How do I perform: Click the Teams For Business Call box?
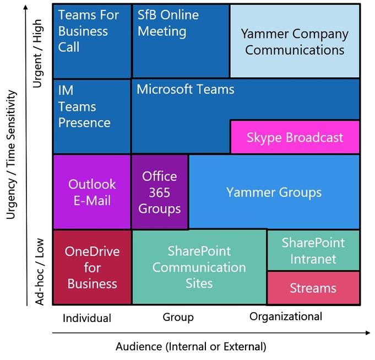click(x=91, y=40)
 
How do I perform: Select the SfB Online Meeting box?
click(x=180, y=40)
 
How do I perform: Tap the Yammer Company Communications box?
click(x=295, y=41)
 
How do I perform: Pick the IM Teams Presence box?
click(x=91, y=116)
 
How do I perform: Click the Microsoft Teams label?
click(x=186, y=89)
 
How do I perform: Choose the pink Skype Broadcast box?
click(x=295, y=137)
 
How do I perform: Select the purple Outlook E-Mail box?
click(x=92, y=192)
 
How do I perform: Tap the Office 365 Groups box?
click(x=160, y=192)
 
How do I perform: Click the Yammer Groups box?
click(x=274, y=192)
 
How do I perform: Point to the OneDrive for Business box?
click(x=92, y=267)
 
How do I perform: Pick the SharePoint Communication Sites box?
click(x=199, y=267)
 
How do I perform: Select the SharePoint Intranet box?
click(x=313, y=250)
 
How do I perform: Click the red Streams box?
click(x=313, y=288)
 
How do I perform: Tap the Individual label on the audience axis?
click(x=87, y=318)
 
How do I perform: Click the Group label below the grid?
click(x=178, y=317)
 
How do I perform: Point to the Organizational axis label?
click(x=285, y=316)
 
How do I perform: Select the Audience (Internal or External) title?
click(x=191, y=347)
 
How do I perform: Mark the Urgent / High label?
click(x=38, y=53)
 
